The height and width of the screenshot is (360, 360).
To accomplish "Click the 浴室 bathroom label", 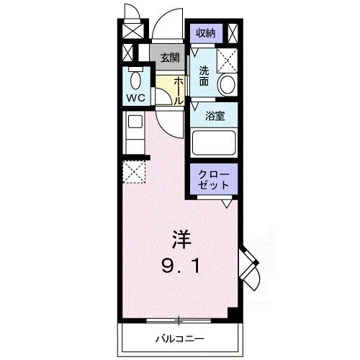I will pos(215,115).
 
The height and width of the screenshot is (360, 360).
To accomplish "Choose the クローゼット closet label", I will pos(214,180).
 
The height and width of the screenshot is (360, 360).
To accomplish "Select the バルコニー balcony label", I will pos(179,337).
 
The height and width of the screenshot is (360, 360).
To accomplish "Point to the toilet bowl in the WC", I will pos(134,79).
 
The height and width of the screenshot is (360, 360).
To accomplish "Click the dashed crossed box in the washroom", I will pos(228,58).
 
